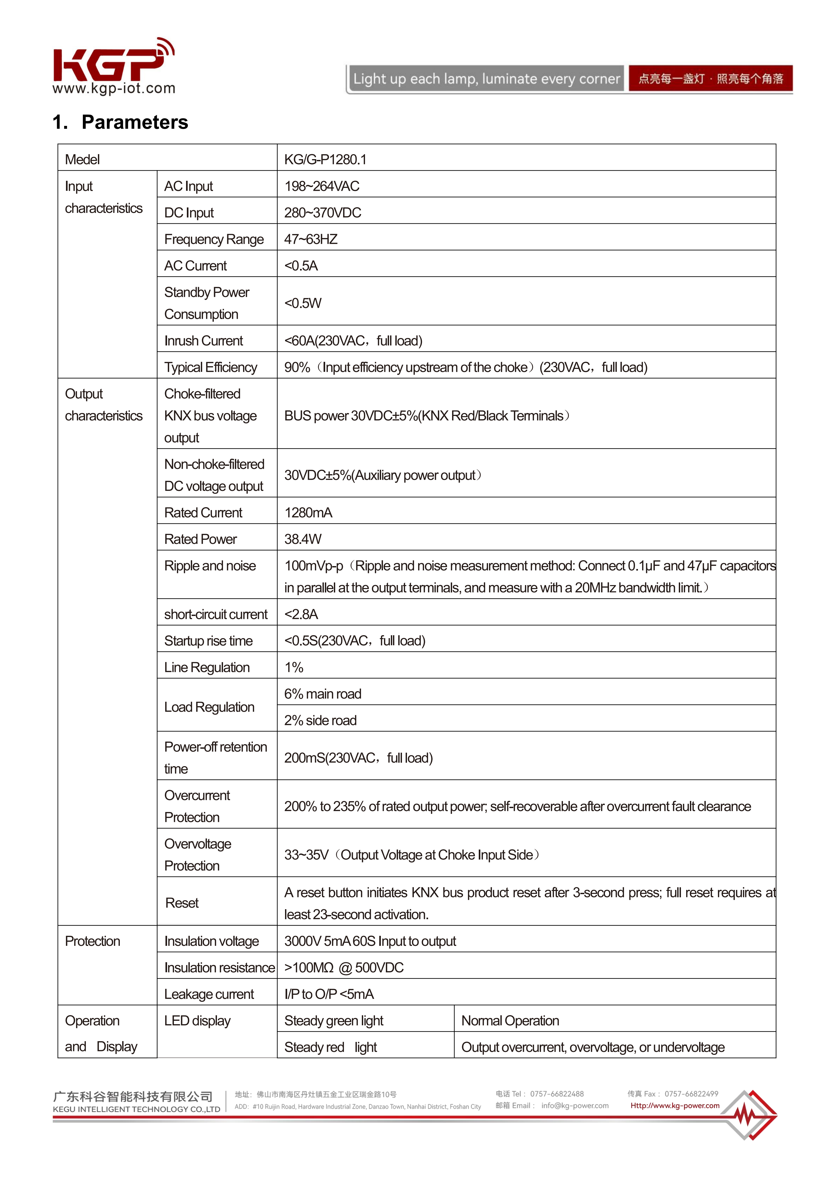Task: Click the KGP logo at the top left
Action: pyautogui.click(x=113, y=64)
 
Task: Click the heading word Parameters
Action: pyautogui.click(x=135, y=122)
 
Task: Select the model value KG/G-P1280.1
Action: pyautogui.click(x=325, y=159)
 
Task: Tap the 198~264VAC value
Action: pyautogui.click(x=321, y=186)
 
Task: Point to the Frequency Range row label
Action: pyautogui.click(x=214, y=239)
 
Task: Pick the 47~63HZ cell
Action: pyautogui.click(x=311, y=239)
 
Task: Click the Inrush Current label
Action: pyautogui.click(x=203, y=340)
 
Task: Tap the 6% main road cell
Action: pyautogui.click(x=323, y=694)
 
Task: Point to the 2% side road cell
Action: pyautogui.click(x=320, y=720)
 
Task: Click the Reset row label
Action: pyautogui.click(x=182, y=903)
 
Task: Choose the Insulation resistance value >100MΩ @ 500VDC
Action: pyautogui.click(x=344, y=967)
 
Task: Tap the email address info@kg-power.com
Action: pyautogui.click(x=575, y=1105)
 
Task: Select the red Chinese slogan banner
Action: pyautogui.click(x=710, y=79)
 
